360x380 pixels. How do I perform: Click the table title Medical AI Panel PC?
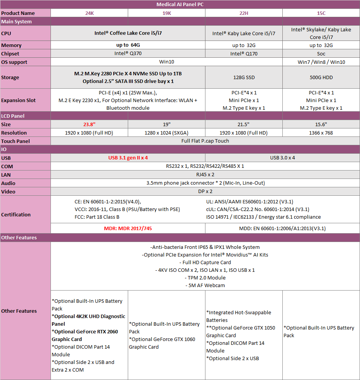click(x=180, y=5)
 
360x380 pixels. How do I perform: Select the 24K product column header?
click(x=89, y=13)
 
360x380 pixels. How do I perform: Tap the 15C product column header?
click(x=321, y=13)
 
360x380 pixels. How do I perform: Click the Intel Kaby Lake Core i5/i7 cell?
click(x=244, y=33)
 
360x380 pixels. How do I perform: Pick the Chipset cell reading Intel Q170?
click(x=244, y=54)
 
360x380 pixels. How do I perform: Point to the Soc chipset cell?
click(x=321, y=54)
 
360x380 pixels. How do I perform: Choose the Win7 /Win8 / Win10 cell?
click(x=321, y=62)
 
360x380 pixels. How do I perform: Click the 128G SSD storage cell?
click(x=244, y=77)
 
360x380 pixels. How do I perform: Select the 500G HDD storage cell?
click(x=321, y=77)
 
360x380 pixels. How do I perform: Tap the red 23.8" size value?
click(x=89, y=124)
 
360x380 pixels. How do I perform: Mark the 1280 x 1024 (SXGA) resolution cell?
click(x=166, y=133)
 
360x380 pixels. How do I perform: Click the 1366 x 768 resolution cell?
click(x=321, y=133)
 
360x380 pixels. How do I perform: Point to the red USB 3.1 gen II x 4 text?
click(x=128, y=158)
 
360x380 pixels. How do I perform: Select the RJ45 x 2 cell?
click(x=205, y=175)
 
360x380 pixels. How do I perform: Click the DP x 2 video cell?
click(x=205, y=192)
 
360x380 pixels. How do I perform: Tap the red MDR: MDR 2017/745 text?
click(x=128, y=228)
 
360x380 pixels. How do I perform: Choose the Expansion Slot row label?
click(x=18, y=100)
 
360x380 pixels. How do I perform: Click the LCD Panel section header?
click(x=14, y=116)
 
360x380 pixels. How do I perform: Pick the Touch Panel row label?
click(x=16, y=141)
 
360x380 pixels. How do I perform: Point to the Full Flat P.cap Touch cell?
click(x=205, y=141)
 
